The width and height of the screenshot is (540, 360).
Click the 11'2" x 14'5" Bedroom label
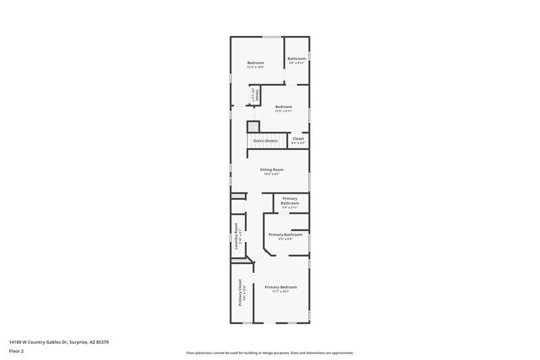(255, 62)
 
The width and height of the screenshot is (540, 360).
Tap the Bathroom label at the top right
(297, 58)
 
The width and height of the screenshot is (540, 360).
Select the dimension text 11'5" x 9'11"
(283, 111)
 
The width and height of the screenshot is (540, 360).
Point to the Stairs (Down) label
(265, 140)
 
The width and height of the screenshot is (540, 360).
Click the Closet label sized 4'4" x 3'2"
(298, 138)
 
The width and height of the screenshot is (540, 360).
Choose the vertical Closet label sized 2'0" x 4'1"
(256, 95)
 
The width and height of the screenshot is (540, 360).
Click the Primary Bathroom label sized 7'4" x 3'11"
(290, 201)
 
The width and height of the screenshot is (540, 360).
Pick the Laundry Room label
(237, 236)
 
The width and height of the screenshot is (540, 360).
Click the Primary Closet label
(240, 293)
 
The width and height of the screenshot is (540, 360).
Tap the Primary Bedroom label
(281, 287)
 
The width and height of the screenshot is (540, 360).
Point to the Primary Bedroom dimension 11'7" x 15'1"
(281, 292)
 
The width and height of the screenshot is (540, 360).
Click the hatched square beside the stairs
(253, 126)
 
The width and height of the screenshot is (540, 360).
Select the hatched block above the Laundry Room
(238, 197)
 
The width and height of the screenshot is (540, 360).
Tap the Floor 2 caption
(16, 351)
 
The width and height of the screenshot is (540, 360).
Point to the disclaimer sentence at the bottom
(269, 353)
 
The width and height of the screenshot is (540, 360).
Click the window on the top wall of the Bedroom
(272, 36)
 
